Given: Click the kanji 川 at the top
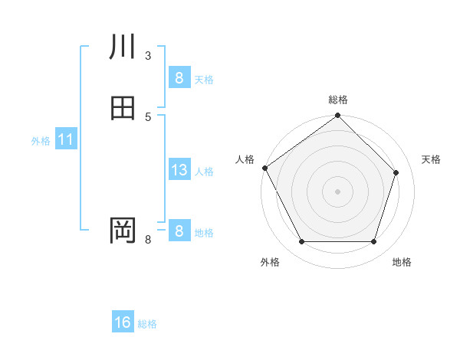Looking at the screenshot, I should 123,47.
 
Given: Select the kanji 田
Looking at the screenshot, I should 123,108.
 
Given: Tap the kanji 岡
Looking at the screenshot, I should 123,230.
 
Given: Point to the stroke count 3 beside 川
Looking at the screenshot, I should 148,55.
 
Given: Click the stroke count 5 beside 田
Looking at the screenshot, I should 148,116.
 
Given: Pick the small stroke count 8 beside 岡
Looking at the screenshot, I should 148,240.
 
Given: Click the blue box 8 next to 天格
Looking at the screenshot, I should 179,78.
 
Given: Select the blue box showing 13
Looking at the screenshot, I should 179,171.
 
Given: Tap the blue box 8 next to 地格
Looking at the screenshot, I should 179,231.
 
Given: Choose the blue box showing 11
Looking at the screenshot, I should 66,140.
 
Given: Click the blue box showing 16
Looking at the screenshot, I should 123,323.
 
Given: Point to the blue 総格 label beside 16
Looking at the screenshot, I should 147,324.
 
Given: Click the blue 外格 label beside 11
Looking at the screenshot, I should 41,141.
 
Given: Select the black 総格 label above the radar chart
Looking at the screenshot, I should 338,100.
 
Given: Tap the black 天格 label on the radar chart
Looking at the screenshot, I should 432,159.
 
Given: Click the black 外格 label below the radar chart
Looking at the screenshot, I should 270,262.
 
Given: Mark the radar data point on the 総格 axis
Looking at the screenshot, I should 338,116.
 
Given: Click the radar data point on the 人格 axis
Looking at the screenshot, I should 264,168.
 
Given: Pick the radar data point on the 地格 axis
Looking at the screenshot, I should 373,242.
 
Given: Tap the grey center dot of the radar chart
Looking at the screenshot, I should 338,191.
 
